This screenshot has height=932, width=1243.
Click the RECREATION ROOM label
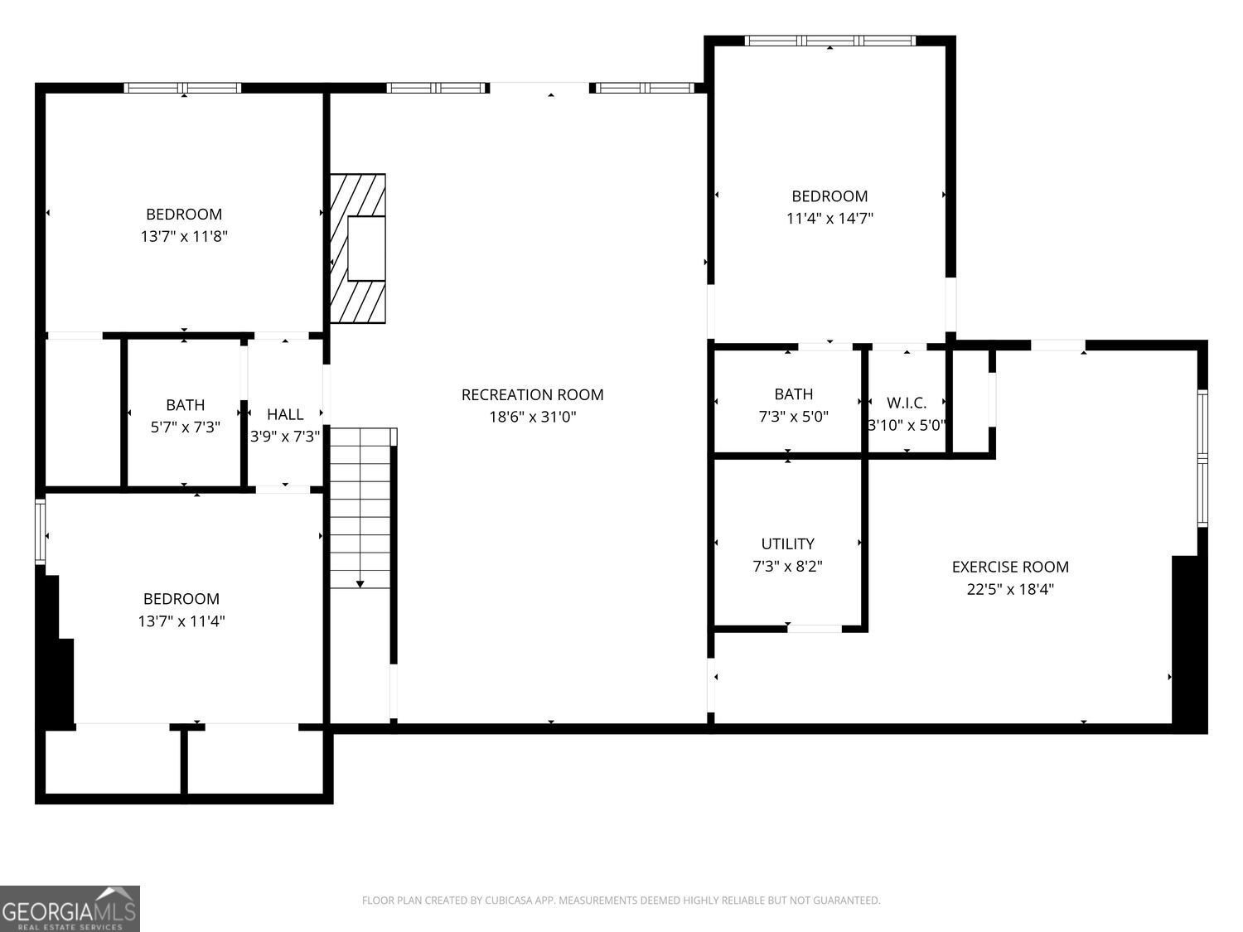[532, 395]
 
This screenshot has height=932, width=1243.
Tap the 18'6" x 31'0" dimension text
[532, 418]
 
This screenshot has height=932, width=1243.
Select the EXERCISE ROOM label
[1010, 567]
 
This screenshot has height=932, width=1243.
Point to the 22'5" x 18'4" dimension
[1010, 590]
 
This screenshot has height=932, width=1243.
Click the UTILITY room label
[787, 543]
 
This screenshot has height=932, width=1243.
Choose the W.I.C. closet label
[907, 403]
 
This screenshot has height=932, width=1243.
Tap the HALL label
[285, 414]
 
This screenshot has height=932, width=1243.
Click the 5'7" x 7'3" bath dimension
[185, 427]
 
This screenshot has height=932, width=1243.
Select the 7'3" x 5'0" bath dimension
[793, 417]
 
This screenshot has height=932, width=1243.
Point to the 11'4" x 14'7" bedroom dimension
[829, 219]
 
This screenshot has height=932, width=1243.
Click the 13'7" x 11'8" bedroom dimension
[184, 237]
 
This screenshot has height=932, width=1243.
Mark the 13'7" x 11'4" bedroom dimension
[181, 621]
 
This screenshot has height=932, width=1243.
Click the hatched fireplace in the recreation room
[358, 248]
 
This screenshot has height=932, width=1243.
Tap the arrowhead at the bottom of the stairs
[360, 584]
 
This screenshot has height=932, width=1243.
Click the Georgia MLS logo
[70, 909]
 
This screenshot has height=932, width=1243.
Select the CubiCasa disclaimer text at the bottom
[621, 901]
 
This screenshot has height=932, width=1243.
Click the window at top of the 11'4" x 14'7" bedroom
[829, 41]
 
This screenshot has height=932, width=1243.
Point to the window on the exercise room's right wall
[1202, 457]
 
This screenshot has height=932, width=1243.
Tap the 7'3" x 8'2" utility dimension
[787, 567]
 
